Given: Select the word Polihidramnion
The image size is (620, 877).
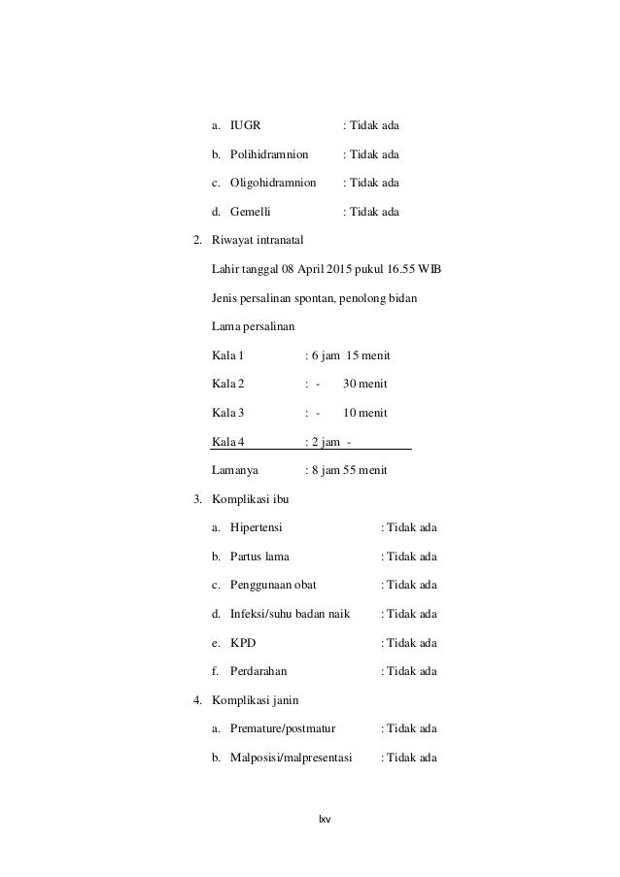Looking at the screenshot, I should (269, 154).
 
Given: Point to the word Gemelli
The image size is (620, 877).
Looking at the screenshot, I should (251, 211).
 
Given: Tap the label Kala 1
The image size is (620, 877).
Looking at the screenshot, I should (228, 355).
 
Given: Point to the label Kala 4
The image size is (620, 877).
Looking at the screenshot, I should (228, 442).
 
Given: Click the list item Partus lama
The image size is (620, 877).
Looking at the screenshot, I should (259, 557).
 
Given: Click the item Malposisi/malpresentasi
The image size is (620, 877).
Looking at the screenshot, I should (292, 757).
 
